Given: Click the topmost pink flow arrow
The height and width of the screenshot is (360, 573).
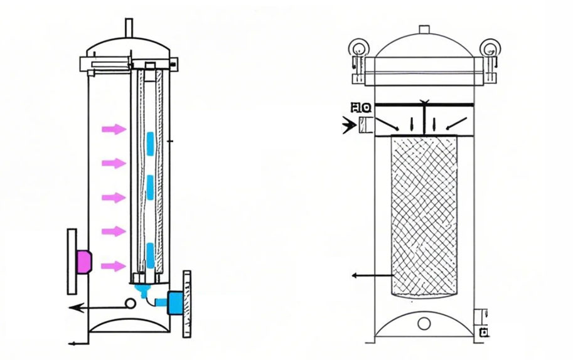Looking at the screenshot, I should coord(114,129).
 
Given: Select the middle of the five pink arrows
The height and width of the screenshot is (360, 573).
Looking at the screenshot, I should coord(114,198).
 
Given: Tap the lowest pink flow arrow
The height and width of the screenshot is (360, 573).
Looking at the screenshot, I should coord(114,266).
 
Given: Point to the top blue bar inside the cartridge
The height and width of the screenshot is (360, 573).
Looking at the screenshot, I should coord(150,143).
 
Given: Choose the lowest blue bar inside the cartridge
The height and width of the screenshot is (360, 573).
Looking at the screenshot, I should coord(150,253).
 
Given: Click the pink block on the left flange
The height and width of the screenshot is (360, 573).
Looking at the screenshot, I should coord(84,262).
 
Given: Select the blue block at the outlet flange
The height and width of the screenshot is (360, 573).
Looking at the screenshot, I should coord(175,302).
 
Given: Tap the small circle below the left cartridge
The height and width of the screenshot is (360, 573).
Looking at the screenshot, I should coord(130,304).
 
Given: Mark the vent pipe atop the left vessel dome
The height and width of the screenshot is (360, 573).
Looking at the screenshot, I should coord(129,28).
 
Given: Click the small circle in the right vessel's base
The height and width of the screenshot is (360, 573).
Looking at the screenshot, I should coord(424,324).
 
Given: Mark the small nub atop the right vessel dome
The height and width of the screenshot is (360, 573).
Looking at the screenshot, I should coord(424,29).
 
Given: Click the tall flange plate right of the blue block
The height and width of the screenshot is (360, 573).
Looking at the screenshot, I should coord(186,304).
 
